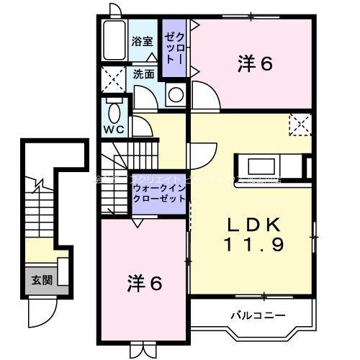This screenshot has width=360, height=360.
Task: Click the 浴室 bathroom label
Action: [141, 42]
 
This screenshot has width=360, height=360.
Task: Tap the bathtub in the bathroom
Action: [114, 42]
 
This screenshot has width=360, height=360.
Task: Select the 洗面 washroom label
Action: [143, 73]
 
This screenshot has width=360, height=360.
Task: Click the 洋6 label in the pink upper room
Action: [255, 65]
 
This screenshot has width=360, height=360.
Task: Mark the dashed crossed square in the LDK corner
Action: [300, 125]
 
